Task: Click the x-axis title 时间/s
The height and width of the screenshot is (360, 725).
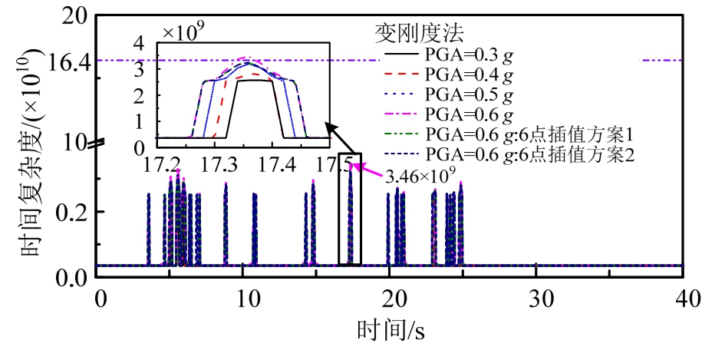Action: pos(391,332)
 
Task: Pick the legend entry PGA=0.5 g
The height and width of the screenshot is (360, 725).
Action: pos(470,95)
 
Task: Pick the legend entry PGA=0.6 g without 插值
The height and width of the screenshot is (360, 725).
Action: pos(470,115)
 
